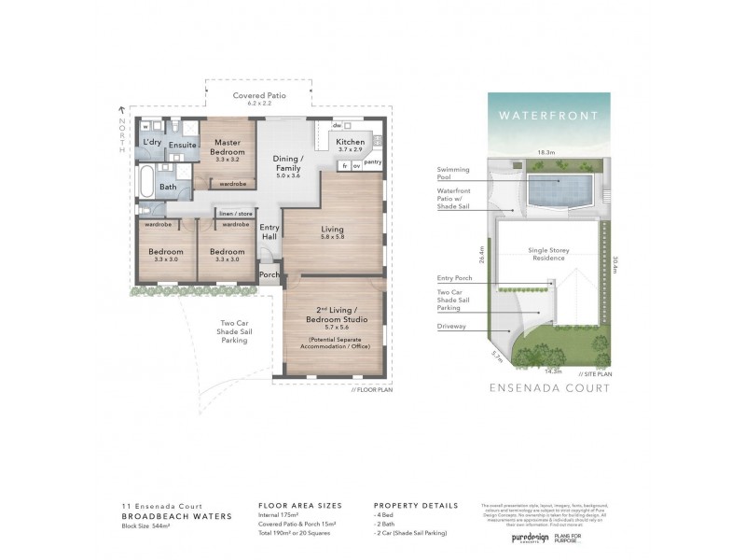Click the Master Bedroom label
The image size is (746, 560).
[x=228, y=147]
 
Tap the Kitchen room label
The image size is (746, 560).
[x=351, y=143]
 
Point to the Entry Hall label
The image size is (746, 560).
[x=269, y=232]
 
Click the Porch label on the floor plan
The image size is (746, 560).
[x=269, y=275]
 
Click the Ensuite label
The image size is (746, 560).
[x=183, y=145]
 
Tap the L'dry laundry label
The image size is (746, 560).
[x=152, y=141]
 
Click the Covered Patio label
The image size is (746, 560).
[x=232, y=96]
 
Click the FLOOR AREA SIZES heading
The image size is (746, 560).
[x=300, y=505]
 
